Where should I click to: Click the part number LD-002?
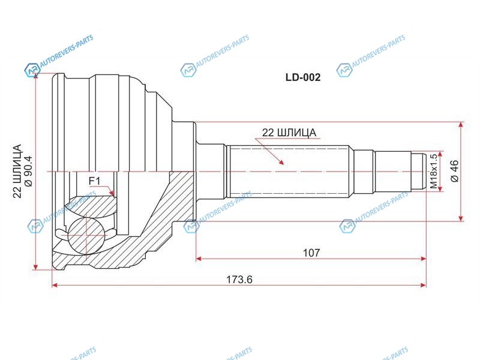point(303,77)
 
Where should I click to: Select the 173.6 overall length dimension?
point(239,280)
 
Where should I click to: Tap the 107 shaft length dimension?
point(311,253)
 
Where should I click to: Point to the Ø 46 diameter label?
point(455,171)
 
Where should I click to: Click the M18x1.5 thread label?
point(433,171)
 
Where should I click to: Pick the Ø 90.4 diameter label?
point(28,171)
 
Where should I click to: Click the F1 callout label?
point(94,181)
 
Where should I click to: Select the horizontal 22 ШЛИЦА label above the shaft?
point(289,133)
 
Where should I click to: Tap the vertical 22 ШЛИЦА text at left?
point(17,171)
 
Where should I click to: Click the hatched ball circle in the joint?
point(86,236)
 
